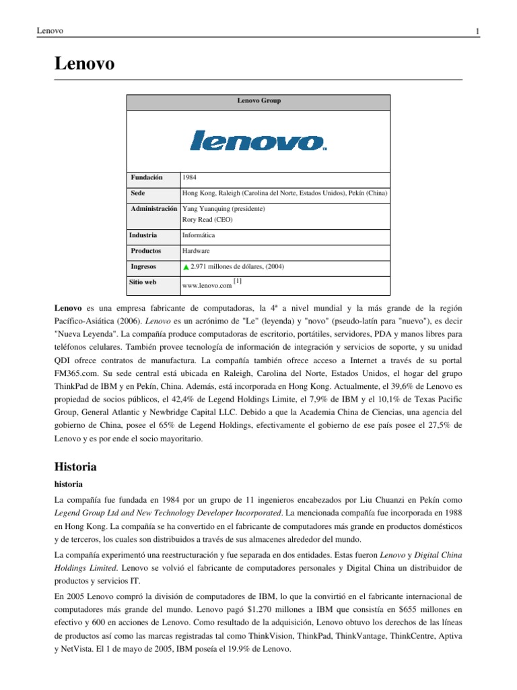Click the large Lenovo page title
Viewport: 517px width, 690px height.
click(84, 64)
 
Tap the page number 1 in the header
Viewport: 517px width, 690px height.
click(477, 31)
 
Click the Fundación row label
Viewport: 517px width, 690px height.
click(147, 177)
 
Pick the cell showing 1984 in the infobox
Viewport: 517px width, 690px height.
click(189, 177)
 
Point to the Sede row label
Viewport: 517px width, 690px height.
click(138, 193)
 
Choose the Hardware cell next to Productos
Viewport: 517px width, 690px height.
click(196, 251)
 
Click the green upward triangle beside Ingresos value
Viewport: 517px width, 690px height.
click(186, 268)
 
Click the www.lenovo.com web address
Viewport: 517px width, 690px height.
click(207, 286)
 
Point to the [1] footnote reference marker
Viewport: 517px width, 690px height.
click(238, 280)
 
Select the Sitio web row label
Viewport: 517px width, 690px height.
click(143, 282)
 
